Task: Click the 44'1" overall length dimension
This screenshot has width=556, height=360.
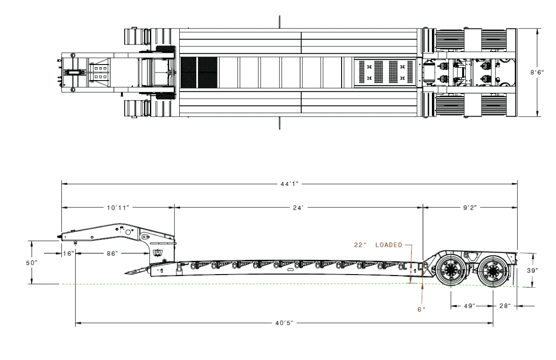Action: pos(290,184)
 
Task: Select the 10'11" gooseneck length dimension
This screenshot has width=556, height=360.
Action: pos(118,207)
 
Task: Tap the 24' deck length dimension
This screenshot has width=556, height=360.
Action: pos(298,207)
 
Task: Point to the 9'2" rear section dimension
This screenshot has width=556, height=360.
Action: pos(470,207)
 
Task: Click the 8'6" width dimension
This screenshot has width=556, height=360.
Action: pos(537,72)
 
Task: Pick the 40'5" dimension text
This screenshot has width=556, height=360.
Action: pos(284,323)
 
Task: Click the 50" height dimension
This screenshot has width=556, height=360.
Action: pos(32,263)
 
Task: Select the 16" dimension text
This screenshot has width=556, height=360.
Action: pos(68,254)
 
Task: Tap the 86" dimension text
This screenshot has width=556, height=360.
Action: pos(112,254)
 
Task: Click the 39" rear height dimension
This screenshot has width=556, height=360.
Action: pos(532,271)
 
